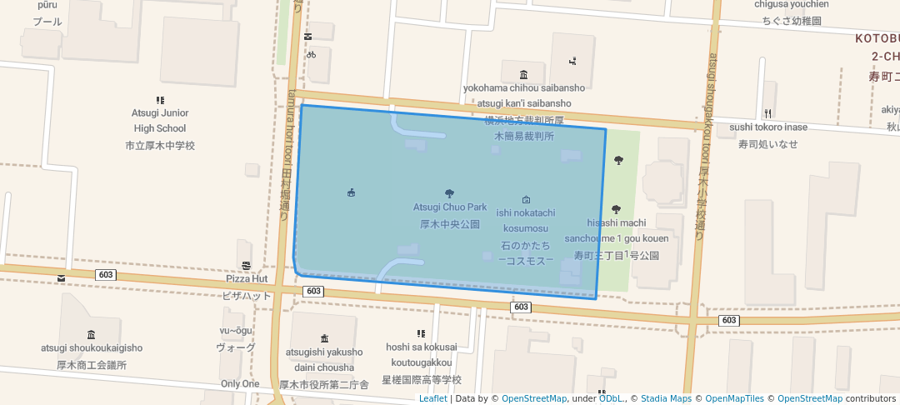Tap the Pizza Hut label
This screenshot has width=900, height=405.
(247, 278)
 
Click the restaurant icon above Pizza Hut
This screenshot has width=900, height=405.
(247, 266)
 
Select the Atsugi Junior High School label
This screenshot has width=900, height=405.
(160, 121)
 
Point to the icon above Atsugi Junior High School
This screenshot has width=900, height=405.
(160, 99)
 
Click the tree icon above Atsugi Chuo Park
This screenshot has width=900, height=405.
(450, 193)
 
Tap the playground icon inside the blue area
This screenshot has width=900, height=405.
(351, 193)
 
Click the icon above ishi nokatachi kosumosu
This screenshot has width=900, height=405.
(526, 200)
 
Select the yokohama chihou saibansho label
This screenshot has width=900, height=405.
(524, 87)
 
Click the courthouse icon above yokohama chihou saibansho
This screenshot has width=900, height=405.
(522, 74)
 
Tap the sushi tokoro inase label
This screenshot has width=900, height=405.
(768, 127)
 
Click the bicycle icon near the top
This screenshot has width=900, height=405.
(311, 55)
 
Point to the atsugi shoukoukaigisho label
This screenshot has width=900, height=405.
(92, 347)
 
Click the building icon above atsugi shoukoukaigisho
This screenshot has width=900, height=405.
(92, 334)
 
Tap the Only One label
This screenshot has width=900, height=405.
(240, 384)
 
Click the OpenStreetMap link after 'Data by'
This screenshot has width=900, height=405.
(533, 398)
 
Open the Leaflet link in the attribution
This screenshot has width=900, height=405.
(432, 398)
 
